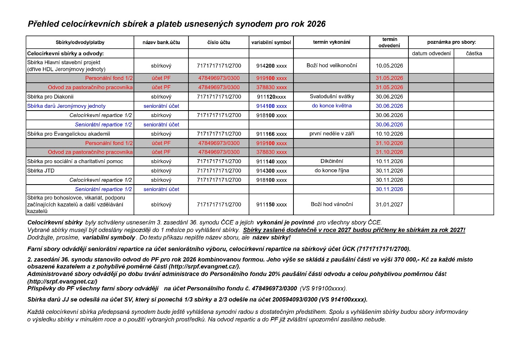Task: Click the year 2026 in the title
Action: tap(316, 24)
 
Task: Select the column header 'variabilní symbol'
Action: tap(271, 43)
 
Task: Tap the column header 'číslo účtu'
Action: tap(218, 43)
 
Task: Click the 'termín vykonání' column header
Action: tap(332, 43)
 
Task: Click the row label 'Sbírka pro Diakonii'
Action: tap(50, 97)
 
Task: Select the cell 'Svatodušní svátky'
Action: tap(332, 97)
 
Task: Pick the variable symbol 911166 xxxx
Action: tap(271, 134)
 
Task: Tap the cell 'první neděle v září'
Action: tap(332, 134)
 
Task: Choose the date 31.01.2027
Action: tap(389, 204)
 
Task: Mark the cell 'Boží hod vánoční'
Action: tap(332, 204)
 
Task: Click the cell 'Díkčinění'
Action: tap(332, 162)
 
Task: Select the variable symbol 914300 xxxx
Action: tap(271, 171)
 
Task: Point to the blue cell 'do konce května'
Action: tap(332, 106)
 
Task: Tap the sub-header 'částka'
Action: tap(474, 54)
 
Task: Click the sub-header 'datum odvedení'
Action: tap(431, 54)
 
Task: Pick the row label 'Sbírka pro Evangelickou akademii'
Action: tap(68, 134)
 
